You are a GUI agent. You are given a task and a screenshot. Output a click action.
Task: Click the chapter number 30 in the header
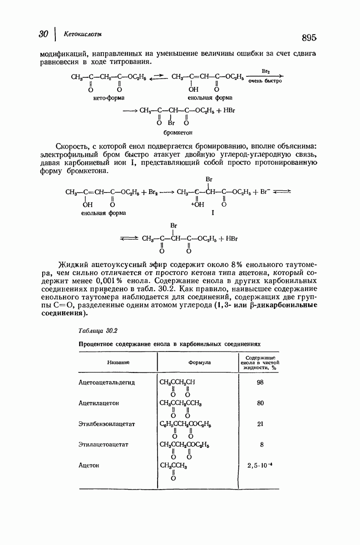point(44,35)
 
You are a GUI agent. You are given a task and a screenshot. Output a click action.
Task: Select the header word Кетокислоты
point(83,34)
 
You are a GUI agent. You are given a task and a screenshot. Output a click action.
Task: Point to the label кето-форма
point(109,97)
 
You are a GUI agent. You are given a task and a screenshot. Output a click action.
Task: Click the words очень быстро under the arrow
point(266,81)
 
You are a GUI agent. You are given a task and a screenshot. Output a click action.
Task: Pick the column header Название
point(118,362)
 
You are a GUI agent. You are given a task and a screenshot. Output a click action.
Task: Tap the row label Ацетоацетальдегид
point(107,382)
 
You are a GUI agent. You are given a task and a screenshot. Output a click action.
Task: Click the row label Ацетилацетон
point(99,403)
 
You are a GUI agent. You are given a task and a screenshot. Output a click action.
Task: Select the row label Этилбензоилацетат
point(107,424)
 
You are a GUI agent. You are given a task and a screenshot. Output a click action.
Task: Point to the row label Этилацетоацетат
point(104,444)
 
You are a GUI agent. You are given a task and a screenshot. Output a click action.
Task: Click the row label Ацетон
point(89,465)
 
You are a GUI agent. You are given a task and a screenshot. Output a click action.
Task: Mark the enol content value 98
point(260,382)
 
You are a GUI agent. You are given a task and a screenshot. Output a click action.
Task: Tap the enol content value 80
point(260,403)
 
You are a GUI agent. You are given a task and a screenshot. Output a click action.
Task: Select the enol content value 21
point(260,424)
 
